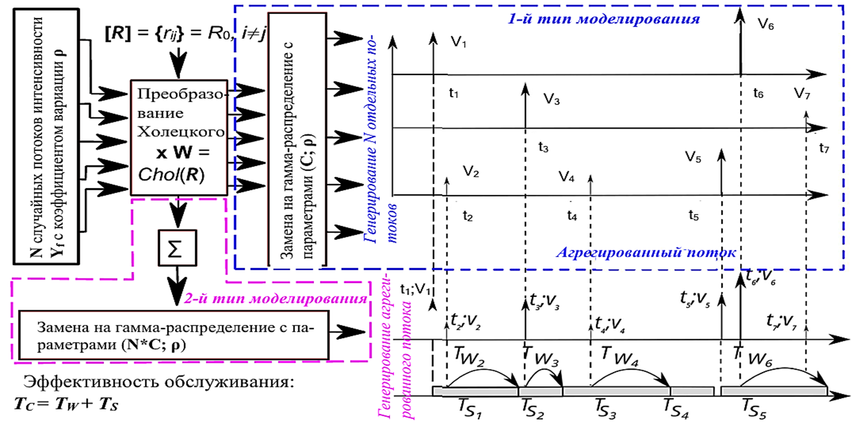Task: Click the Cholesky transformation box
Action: point(180,137)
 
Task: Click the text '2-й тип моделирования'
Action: point(275,299)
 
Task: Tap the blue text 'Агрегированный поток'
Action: point(646,253)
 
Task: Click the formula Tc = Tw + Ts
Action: point(66,402)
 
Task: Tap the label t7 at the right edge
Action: point(823,149)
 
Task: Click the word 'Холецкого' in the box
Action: point(180,133)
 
